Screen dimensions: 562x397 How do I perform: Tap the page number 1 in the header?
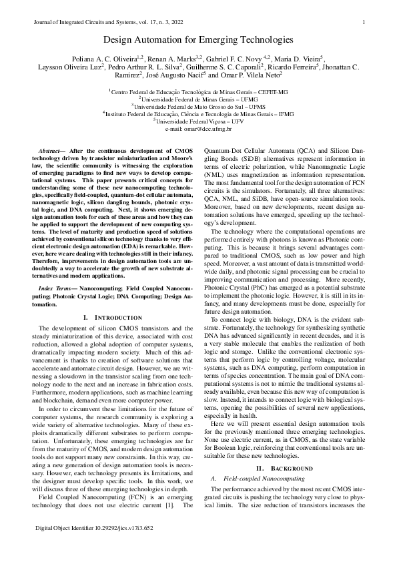[362, 23]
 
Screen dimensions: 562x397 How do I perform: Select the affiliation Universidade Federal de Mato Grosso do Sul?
[199, 105]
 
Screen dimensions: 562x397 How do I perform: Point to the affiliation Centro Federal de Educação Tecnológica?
[199, 90]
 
